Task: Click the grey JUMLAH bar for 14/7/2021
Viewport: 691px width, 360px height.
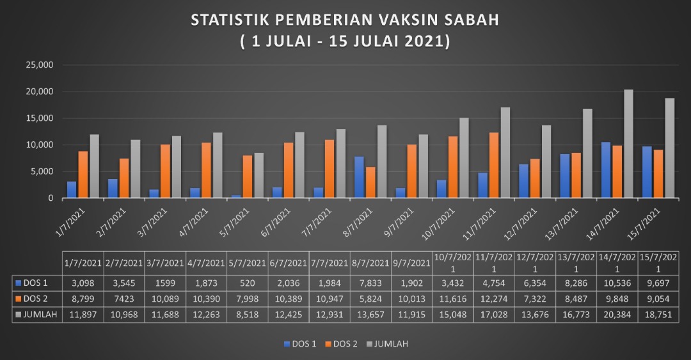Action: point(628,144)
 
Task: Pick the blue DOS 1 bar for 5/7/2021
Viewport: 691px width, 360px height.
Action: point(236,196)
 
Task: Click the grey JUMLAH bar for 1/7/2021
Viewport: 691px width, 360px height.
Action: point(95,166)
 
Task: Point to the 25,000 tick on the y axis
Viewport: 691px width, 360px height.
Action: point(39,65)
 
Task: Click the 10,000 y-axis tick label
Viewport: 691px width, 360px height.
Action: point(39,145)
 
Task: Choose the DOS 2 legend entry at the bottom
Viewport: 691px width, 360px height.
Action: point(345,344)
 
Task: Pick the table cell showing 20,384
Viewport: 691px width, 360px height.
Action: point(617,315)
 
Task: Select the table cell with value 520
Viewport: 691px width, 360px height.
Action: point(247,281)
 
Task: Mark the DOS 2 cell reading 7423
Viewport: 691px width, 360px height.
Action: point(123,298)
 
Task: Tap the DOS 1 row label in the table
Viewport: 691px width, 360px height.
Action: point(36,281)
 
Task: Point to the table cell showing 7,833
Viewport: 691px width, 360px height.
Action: point(370,281)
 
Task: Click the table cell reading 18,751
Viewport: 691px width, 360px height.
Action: point(658,315)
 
